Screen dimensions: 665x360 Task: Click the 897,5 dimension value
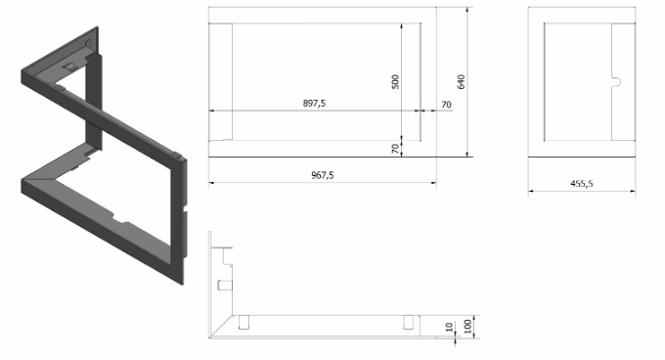click(314, 103)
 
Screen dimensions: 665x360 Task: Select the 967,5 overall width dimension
click(323, 175)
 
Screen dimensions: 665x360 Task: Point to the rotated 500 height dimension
click(395, 82)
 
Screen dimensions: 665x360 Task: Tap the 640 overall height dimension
click(461, 82)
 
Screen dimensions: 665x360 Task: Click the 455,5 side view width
click(582, 184)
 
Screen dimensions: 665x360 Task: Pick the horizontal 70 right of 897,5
click(446, 105)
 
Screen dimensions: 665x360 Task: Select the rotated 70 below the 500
click(395, 149)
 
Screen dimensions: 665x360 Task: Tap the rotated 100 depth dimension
click(467, 327)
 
